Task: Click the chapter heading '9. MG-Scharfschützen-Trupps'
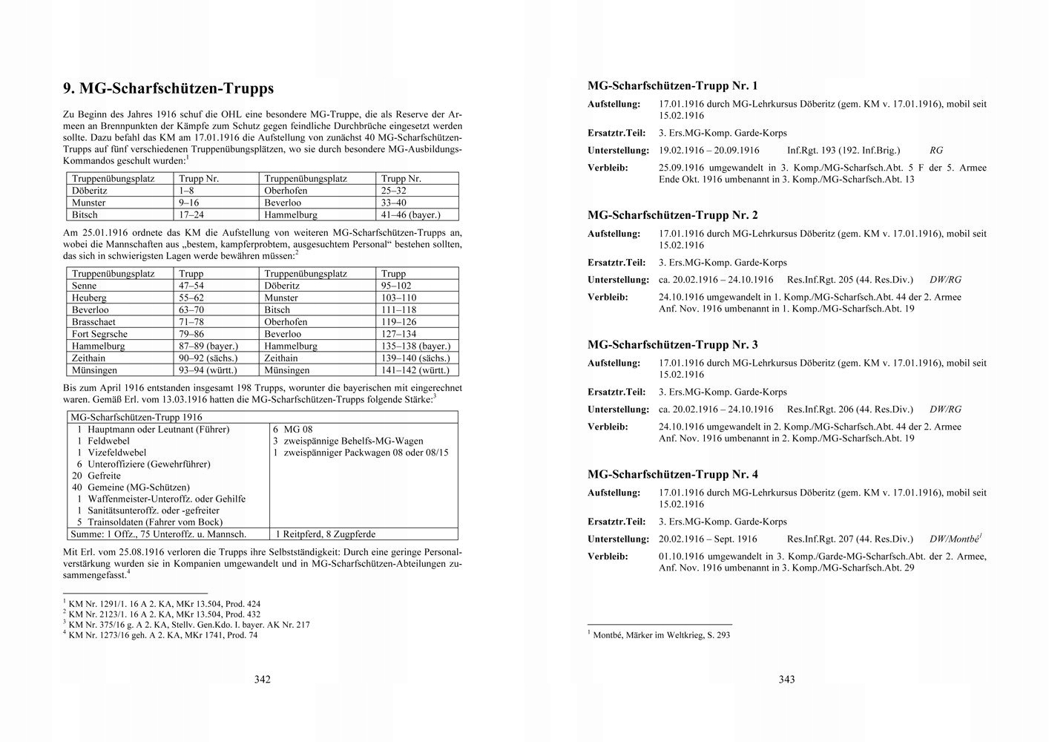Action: coord(168,89)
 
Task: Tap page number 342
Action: coord(262,679)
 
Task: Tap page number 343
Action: coord(786,679)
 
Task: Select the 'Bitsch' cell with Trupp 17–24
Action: coord(85,215)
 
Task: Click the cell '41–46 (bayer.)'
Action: coord(410,215)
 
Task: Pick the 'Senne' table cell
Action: coord(84,286)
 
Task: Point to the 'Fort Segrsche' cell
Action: coord(99,334)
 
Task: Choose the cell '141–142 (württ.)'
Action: coord(415,370)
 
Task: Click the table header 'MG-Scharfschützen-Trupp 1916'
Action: coord(136,418)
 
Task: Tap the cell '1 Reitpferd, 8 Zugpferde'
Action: coord(325,533)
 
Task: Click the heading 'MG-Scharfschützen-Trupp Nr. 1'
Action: coord(672,86)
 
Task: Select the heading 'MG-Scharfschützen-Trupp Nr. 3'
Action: coord(672,345)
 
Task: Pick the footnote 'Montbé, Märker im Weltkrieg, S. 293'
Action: coord(660,635)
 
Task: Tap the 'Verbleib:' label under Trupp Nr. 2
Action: coord(608,298)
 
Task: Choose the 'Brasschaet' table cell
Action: coord(93,322)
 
